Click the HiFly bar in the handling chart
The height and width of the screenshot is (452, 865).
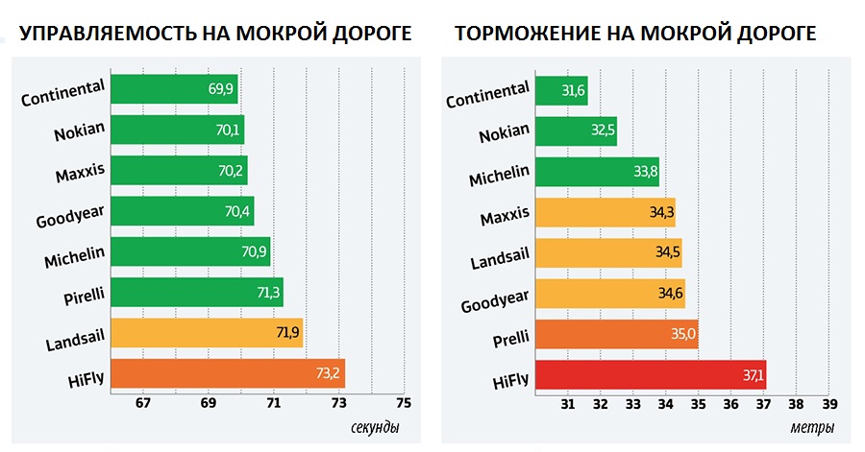(x=228, y=374)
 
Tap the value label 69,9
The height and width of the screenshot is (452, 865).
(x=221, y=89)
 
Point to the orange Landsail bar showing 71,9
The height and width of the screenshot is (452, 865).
(x=207, y=333)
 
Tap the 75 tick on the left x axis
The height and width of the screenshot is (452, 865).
(x=403, y=404)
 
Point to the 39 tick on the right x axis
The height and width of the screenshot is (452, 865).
(x=829, y=404)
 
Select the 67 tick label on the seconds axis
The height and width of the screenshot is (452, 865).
(x=144, y=404)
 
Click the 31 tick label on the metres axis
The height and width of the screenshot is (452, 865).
(x=567, y=404)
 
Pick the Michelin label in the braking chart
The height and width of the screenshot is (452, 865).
(x=499, y=177)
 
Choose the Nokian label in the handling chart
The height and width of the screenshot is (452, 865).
(x=80, y=130)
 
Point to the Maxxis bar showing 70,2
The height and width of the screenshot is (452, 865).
(x=180, y=171)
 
